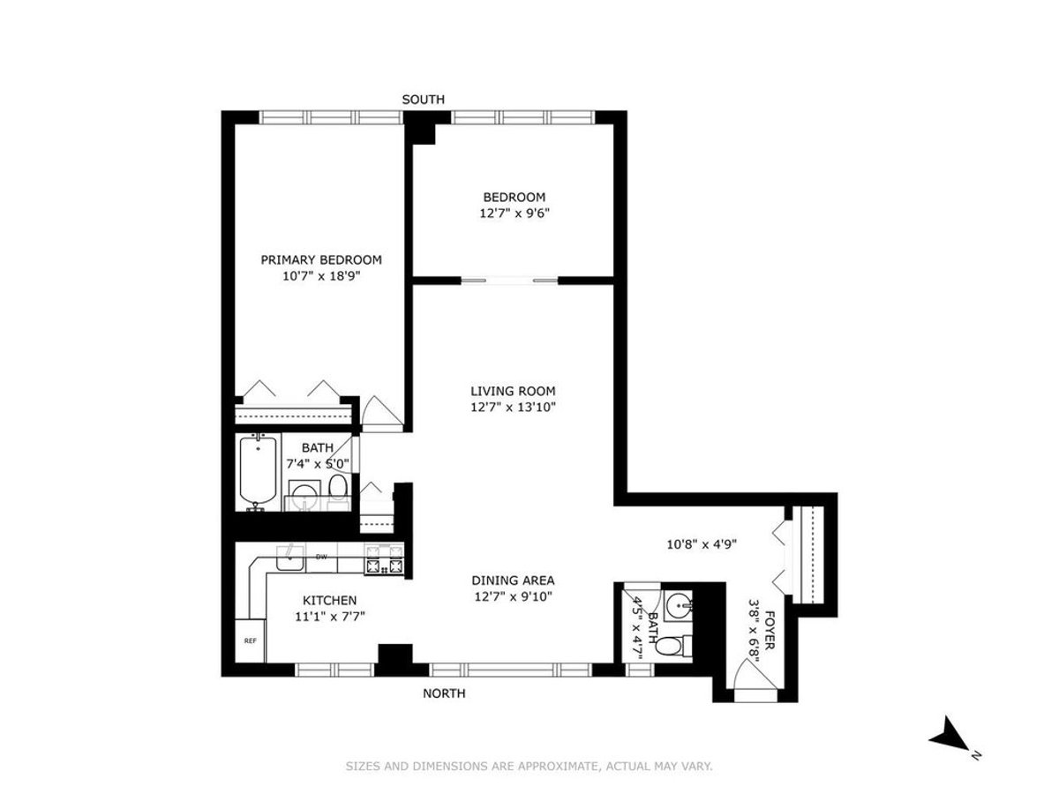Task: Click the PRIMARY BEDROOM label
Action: pyautogui.click(x=321, y=259)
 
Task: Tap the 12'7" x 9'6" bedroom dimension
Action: pyautogui.click(x=514, y=213)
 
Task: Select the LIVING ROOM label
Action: pyautogui.click(x=513, y=391)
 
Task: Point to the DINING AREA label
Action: pyautogui.click(x=513, y=580)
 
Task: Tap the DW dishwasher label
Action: pyautogui.click(x=322, y=557)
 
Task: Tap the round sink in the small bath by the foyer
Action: pyautogui.click(x=679, y=605)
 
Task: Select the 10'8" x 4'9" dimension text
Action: pyautogui.click(x=702, y=543)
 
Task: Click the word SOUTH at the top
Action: pyautogui.click(x=424, y=100)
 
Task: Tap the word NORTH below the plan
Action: pyautogui.click(x=444, y=693)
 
